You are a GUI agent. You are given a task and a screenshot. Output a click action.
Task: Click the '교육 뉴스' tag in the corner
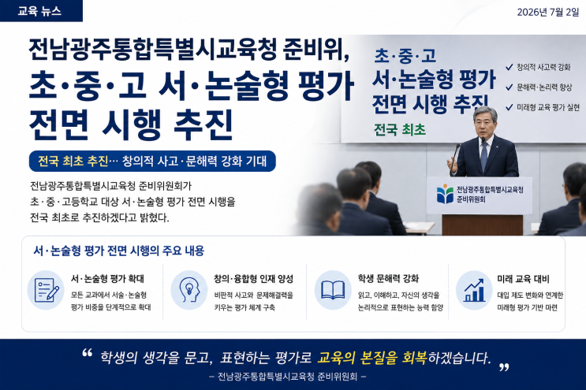pos(41,11)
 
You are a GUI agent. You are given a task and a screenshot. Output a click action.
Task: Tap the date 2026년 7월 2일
pos(547,12)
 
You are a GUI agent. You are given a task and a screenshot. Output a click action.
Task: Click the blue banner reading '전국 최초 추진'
pos(152,162)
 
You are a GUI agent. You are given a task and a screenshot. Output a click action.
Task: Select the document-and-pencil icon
pos(46,290)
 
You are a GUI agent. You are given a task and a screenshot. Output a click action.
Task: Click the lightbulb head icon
pos(189,290)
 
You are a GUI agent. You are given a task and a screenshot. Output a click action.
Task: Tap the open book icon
pos(333,290)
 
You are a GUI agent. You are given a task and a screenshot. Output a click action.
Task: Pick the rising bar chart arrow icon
pos(474,290)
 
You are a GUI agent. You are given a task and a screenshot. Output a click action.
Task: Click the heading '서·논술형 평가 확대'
pos(107,279)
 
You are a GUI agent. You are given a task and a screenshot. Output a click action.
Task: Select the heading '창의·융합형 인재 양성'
pos(253,279)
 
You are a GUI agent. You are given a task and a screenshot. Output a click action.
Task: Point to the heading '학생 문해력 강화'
pos(388,279)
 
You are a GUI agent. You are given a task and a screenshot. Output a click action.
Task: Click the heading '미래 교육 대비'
pos(523,279)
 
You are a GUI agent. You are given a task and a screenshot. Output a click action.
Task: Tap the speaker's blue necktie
pos(484,155)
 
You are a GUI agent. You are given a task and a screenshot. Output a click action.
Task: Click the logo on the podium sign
pos(445,194)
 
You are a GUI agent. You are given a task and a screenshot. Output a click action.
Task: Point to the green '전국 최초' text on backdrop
pos(400,129)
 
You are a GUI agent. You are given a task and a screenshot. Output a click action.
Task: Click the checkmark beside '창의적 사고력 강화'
pos(509,67)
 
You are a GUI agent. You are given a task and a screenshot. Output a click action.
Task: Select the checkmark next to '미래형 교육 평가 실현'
pos(509,107)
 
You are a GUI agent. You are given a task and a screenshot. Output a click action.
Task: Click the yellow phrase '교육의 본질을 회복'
pos(372,358)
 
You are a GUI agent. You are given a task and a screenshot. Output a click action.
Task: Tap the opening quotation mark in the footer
pos(87,353)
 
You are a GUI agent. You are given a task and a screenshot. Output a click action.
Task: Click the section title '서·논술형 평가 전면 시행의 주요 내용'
pos(119,251)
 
